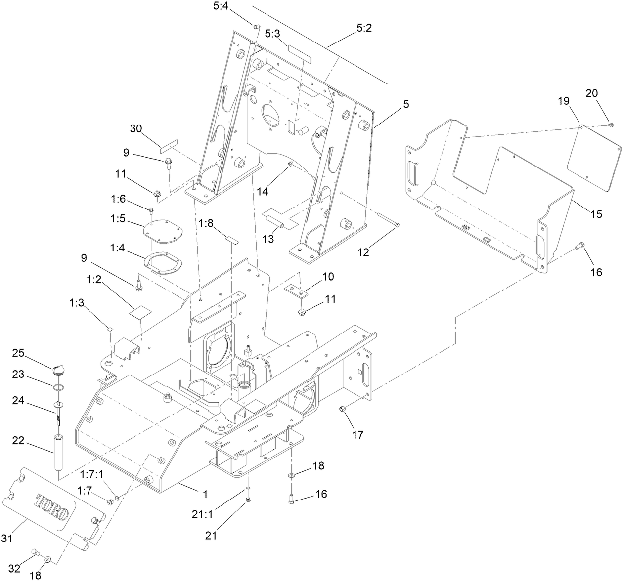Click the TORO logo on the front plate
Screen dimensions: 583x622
(51, 507)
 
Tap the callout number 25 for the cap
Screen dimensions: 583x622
(18, 353)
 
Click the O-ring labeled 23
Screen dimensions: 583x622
(58, 387)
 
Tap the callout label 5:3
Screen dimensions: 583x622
(272, 33)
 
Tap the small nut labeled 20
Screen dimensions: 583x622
(611, 125)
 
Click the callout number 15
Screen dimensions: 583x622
(596, 214)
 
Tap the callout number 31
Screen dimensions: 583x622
(6, 539)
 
